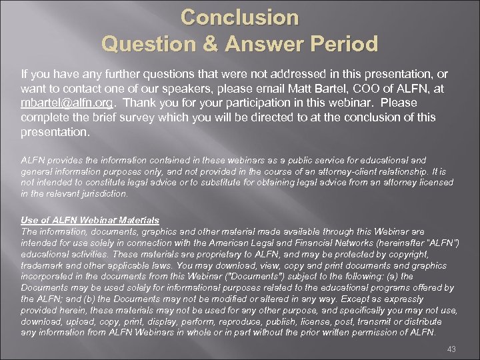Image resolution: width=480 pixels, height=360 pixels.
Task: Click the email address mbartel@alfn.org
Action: click(x=65, y=103)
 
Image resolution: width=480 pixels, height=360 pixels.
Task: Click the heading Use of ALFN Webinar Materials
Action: click(x=90, y=219)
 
